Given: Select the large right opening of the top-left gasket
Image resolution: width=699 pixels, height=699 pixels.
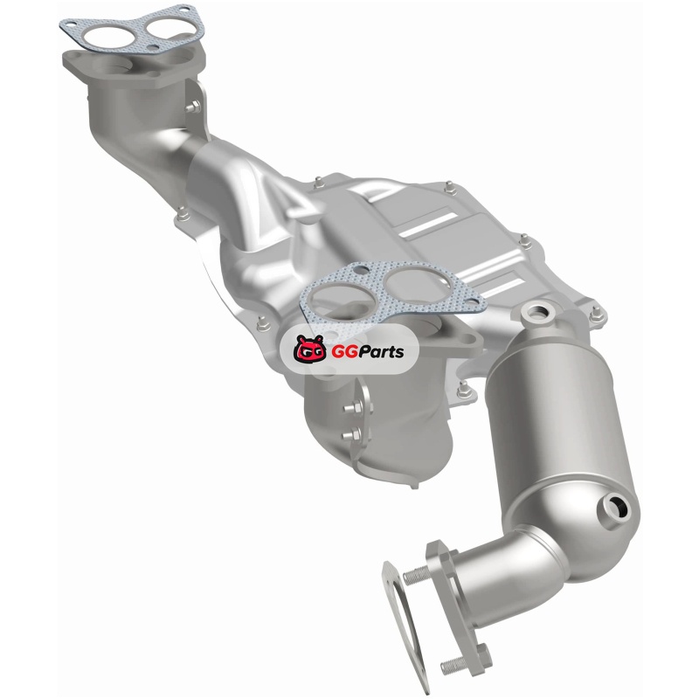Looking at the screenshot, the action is click(x=168, y=25).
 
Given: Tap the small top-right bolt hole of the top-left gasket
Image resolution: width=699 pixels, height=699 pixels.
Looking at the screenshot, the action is click(x=183, y=9).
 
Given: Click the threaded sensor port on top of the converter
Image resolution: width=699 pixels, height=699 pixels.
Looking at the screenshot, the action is click(x=538, y=314).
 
